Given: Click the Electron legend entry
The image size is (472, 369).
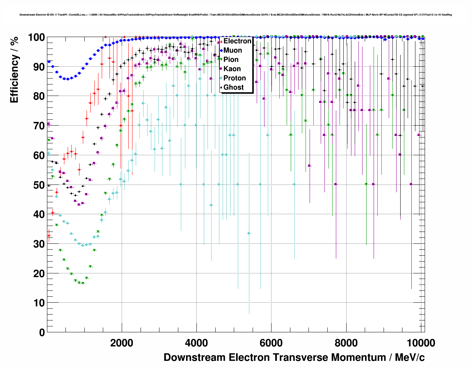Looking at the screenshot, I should (x=237, y=41).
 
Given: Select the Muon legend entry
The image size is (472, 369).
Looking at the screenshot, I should (x=233, y=50).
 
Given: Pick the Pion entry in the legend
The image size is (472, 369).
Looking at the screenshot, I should (x=231, y=60).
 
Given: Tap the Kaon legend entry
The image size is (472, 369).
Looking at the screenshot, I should (x=232, y=69).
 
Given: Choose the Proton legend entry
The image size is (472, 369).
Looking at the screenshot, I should (x=235, y=78).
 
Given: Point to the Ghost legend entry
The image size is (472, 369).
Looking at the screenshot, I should (x=233, y=87).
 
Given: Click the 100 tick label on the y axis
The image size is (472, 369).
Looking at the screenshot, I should (x=36, y=37).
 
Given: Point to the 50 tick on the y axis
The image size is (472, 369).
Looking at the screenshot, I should (x=39, y=185).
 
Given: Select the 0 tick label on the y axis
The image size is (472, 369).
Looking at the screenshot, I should (x=42, y=332).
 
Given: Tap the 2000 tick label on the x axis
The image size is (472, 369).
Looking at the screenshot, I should (x=122, y=343).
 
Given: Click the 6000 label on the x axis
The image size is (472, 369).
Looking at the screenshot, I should (x=271, y=343).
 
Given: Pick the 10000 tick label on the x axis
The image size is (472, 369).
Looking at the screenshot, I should (x=421, y=343).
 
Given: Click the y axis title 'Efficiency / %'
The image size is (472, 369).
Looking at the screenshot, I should (x=14, y=70).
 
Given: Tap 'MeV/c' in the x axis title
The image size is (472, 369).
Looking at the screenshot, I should (x=410, y=358).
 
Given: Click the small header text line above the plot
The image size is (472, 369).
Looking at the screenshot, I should (x=236, y=15).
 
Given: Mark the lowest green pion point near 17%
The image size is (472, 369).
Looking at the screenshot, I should (x=82, y=283).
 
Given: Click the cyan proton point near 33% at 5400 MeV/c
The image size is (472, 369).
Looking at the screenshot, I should (x=249, y=233).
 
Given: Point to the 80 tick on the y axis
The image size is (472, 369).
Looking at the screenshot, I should (x=39, y=96).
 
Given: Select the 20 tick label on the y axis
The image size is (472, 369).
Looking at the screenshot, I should (x=39, y=273).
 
